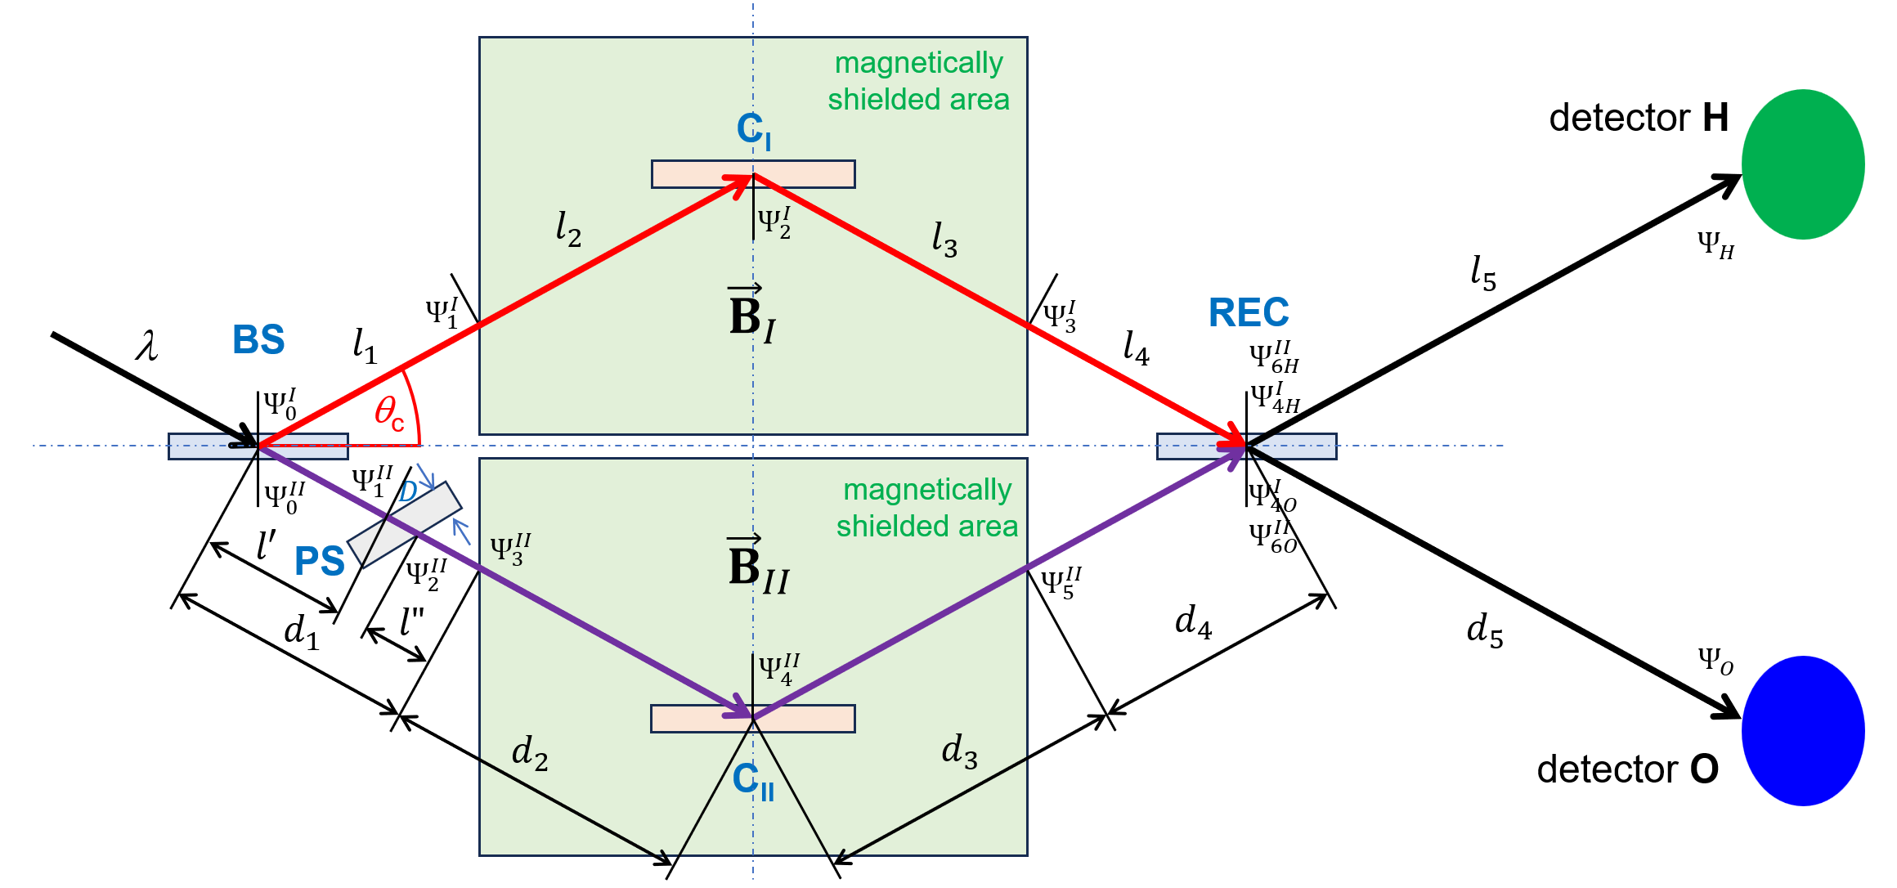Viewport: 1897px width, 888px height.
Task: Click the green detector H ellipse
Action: click(1802, 164)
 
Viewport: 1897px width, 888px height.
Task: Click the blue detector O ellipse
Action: click(1802, 730)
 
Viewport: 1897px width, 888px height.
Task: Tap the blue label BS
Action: click(258, 339)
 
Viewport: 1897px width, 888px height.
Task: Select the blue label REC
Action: click(1248, 313)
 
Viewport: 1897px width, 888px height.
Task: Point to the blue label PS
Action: click(319, 561)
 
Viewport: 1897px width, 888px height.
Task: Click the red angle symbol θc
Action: click(389, 413)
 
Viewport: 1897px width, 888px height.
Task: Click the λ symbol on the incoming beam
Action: click(147, 346)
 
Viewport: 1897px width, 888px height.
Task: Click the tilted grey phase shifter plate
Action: click(405, 525)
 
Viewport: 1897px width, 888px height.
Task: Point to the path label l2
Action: click(567, 229)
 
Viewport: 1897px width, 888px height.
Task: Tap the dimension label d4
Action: click(1192, 622)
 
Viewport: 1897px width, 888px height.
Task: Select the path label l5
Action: click(1482, 273)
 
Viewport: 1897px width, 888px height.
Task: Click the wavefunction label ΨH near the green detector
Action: click(1715, 244)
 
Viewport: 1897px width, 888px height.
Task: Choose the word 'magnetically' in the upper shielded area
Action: click(918, 64)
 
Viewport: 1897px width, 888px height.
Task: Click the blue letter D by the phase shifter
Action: click(407, 491)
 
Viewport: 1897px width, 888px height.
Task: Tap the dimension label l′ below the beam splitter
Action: click(266, 545)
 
